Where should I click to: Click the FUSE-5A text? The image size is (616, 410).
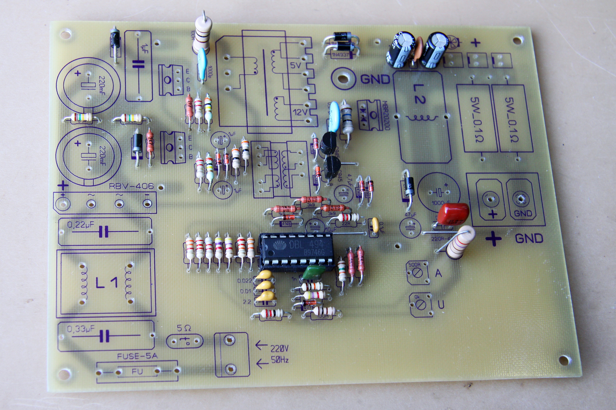[137, 356]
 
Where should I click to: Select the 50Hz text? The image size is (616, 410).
[280, 360]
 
